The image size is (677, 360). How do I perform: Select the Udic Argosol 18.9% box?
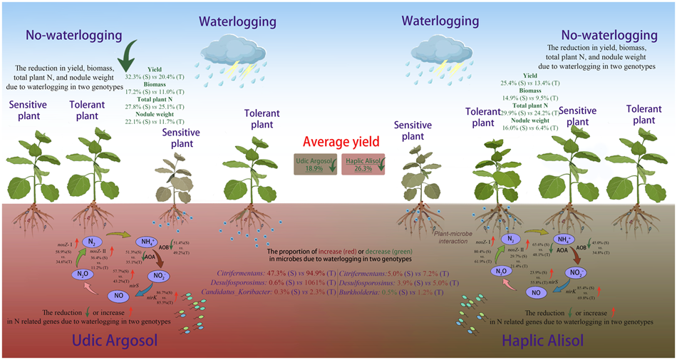(x=314, y=163)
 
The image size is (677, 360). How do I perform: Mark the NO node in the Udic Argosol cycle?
(x=119, y=295)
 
